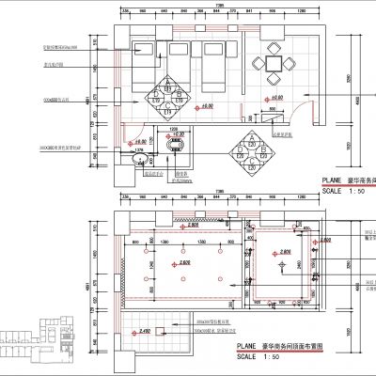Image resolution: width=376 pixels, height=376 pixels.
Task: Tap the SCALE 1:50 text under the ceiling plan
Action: tap(256, 356)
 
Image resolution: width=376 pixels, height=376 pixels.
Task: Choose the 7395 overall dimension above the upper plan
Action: tap(219, 6)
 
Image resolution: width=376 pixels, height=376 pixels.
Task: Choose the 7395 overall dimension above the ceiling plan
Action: tap(219, 191)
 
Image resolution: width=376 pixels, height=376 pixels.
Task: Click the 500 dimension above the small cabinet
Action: tap(273, 109)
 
